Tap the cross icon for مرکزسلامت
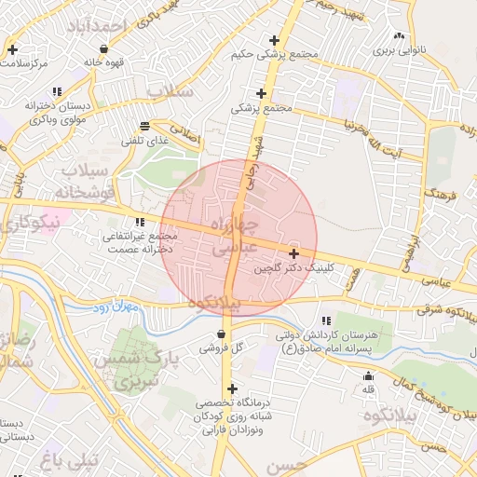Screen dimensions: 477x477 (13, 49)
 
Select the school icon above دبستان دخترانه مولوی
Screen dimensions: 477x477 (56, 91)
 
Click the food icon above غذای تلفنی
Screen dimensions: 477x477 (143, 126)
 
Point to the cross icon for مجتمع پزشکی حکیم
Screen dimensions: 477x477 (274, 40)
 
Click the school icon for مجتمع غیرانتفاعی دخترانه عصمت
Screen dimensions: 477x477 (141, 222)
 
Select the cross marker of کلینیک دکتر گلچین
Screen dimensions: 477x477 (294, 253)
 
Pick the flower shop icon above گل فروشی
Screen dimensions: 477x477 (221, 334)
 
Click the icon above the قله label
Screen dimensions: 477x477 (369, 376)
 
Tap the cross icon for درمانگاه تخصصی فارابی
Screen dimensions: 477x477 (231, 388)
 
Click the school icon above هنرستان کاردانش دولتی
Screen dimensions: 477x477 (325, 320)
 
